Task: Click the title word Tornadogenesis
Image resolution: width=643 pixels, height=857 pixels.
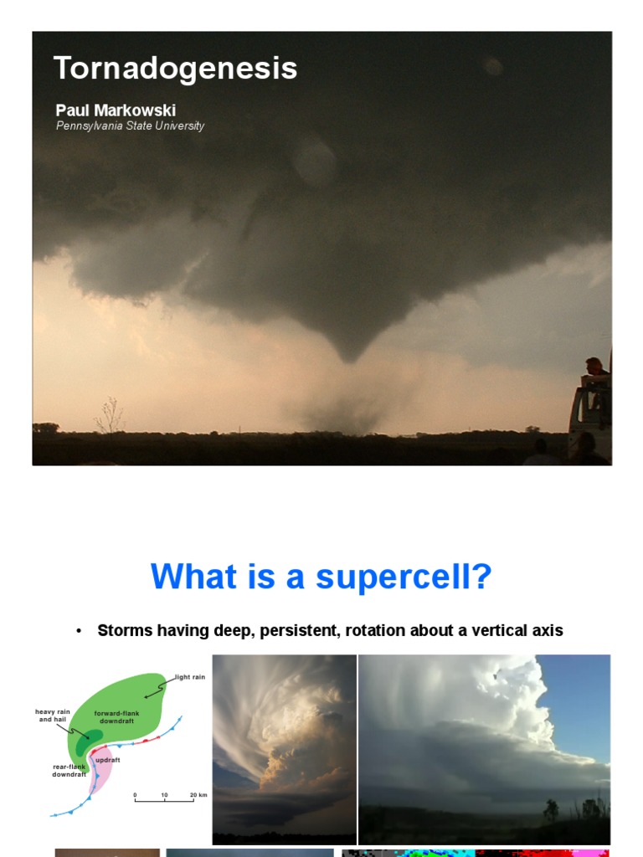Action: (175, 69)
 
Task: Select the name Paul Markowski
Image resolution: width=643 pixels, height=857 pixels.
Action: (116, 110)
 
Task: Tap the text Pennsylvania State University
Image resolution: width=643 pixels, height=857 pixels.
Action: (130, 126)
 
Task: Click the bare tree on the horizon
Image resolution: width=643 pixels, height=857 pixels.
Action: (110, 416)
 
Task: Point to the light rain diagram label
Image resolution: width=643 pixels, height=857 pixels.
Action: (189, 677)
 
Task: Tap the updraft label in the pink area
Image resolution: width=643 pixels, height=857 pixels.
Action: (107, 760)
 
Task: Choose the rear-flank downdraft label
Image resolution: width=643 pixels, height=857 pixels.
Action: (69, 770)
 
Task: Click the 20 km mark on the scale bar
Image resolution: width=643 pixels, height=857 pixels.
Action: (198, 794)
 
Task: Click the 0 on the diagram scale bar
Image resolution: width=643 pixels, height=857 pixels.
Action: (135, 794)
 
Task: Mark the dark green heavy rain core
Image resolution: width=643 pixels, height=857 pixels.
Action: (88, 740)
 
